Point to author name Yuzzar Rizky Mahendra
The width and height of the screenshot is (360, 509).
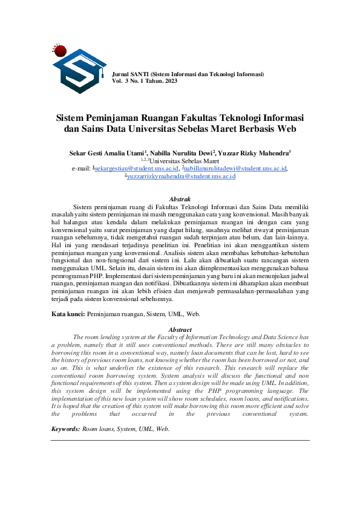coord(254,154)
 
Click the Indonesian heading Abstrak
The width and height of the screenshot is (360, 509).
coord(180,199)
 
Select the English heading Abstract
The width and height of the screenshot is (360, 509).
coord(180,329)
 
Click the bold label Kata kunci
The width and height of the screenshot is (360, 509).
coord(67,314)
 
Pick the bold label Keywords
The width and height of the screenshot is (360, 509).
coord(65,429)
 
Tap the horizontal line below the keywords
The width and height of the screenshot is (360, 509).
coord(180,440)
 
